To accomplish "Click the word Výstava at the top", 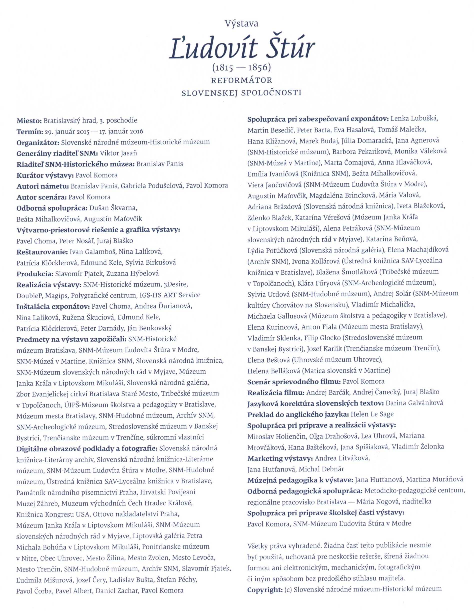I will click(x=241, y=24).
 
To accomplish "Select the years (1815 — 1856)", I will click(x=241, y=67).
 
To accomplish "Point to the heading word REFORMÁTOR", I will click(x=241, y=80).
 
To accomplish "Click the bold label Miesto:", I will click(x=29, y=121).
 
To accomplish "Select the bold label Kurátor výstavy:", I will click(x=45, y=175).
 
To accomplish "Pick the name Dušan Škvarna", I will click(x=113, y=208).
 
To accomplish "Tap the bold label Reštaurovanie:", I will click(x=42, y=252).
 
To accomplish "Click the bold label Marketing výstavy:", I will click(x=280, y=458).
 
